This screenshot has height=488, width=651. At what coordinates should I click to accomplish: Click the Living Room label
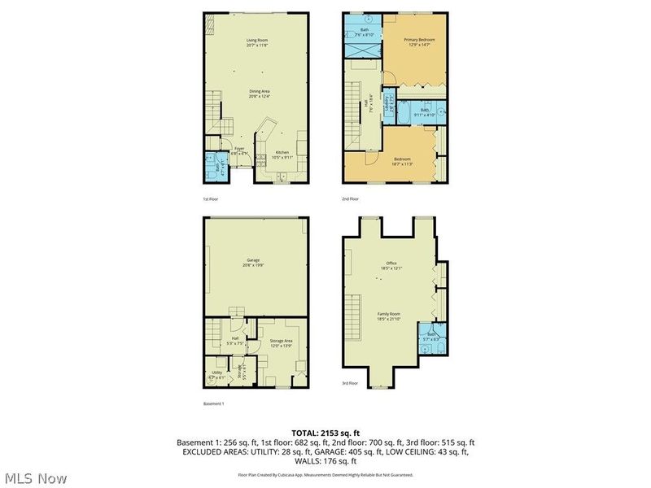(257, 42)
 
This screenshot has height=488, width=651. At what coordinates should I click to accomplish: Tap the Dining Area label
(259, 94)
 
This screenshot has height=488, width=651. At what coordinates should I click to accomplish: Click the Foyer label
(239, 150)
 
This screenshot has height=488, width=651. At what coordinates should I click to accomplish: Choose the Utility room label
(215, 374)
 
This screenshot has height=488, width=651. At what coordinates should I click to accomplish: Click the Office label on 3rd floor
(391, 264)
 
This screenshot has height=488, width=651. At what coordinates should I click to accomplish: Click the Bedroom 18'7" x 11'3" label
(402, 161)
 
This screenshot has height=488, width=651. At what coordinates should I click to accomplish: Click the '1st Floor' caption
(211, 198)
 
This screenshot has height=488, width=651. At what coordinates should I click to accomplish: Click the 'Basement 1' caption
(213, 403)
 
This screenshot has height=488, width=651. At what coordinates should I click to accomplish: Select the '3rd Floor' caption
(351, 382)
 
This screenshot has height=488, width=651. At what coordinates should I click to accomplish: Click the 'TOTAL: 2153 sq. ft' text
(325, 432)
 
